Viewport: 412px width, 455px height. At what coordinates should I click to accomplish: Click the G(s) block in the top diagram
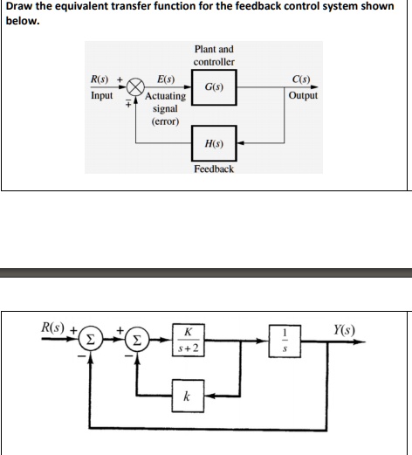pyautogui.click(x=213, y=89)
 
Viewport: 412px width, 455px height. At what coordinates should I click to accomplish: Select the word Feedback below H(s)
pyautogui.click(x=214, y=168)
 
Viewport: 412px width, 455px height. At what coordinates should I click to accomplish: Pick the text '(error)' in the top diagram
pyautogui.click(x=165, y=122)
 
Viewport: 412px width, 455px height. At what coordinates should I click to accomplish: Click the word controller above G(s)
pyautogui.click(x=214, y=63)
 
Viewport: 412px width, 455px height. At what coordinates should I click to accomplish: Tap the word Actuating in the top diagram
pyautogui.click(x=165, y=96)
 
